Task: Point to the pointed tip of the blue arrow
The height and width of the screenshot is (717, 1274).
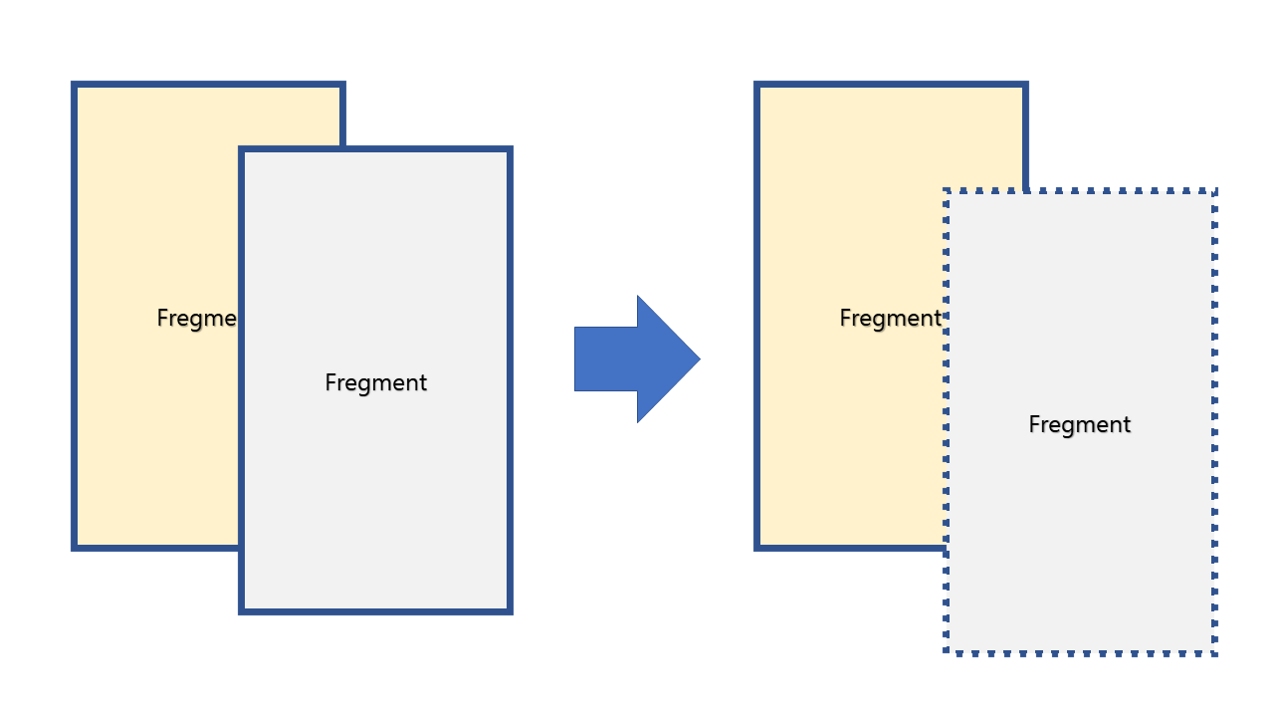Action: pos(699,358)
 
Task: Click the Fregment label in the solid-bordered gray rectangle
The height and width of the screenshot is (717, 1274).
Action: pos(376,382)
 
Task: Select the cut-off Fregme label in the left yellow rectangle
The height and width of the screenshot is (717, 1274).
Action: pos(197,318)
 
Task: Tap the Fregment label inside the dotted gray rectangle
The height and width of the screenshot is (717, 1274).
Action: pos(1080,424)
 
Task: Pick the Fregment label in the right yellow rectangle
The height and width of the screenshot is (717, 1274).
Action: pos(890,318)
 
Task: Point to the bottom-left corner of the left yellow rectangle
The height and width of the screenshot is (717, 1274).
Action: pos(75,547)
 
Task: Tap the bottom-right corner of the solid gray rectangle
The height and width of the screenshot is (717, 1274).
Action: pos(510,610)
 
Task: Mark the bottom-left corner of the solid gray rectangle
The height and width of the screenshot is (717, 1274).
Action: pos(242,610)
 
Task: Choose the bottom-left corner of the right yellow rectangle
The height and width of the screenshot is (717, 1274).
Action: pos(757,547)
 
